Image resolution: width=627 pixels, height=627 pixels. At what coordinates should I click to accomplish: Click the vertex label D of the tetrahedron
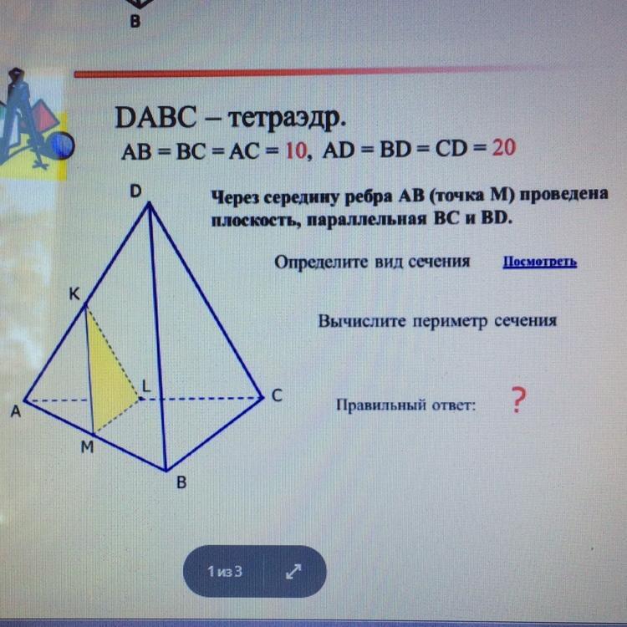point(135,191)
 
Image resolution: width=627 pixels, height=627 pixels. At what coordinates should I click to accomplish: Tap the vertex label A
point(15,411)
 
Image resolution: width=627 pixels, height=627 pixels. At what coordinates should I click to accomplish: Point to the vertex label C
point(277,395)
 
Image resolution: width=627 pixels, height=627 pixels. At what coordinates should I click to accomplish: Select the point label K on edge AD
point(74,295)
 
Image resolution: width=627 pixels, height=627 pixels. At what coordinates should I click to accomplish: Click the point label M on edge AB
point(87,447)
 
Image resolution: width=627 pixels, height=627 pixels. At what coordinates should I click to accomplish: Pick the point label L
point(146,386)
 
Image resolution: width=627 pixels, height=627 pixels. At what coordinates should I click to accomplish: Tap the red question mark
point(517,400)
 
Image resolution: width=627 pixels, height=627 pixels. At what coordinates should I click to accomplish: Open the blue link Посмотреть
point(539,262)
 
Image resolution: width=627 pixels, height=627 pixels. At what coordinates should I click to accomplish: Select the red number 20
point(504,147)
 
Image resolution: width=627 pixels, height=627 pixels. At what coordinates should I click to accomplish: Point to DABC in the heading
point(155,118)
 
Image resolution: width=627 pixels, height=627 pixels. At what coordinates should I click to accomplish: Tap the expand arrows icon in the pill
point(293,571)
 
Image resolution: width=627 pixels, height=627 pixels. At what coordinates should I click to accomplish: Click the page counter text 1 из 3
point(225,572)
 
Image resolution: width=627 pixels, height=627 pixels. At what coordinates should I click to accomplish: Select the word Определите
point(321,263)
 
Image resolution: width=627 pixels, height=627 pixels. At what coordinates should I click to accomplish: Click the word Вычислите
point(361,321)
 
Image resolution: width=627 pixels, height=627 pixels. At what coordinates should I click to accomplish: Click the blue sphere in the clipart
point(61,145)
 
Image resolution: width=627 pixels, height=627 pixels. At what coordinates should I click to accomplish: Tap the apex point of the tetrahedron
point(149,203)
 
